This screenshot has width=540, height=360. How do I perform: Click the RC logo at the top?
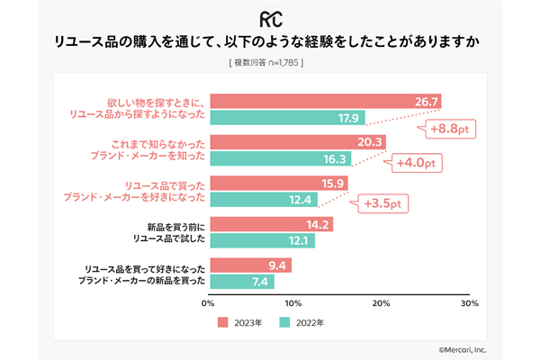(270, 19)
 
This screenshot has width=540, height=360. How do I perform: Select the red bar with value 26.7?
(325, 101)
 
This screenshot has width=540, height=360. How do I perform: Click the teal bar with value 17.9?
(287, 117)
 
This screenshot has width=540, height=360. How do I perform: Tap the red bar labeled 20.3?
(298, 141)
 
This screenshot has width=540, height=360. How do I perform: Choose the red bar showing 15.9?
(279, 183)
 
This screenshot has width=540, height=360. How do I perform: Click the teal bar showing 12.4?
(264, 199)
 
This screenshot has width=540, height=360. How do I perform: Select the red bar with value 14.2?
(272, 224)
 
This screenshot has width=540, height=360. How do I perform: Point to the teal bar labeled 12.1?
(263, 240)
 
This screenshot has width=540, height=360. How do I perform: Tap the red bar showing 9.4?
(251, 265)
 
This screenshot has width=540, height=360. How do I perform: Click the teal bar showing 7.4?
(242, 282)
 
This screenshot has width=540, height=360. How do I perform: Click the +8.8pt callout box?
(450, 130)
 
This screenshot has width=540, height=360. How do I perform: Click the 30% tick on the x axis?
(468, 304)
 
